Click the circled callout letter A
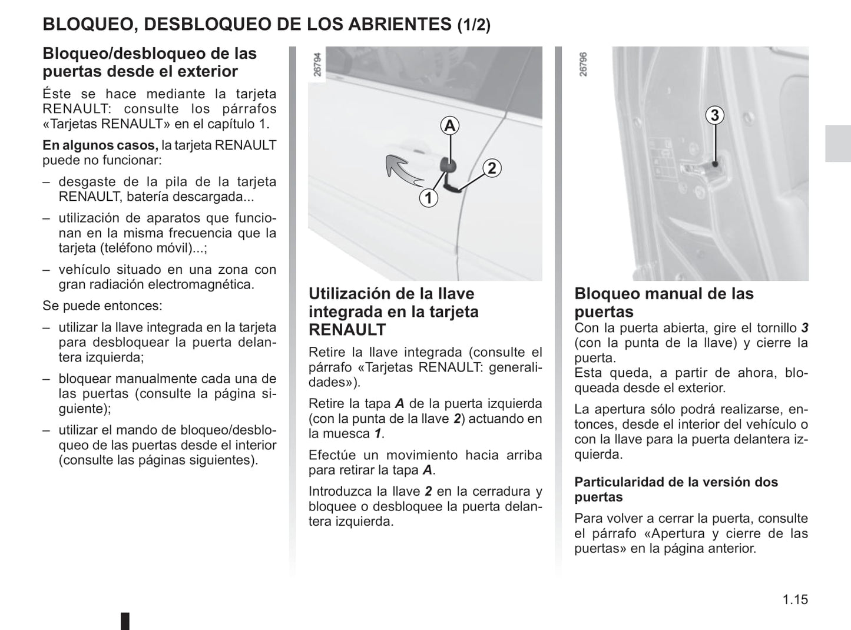point(450,125)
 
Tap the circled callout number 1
point(428,198)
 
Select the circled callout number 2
point(492,168)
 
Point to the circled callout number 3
point(714,115)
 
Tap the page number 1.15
point(795,599)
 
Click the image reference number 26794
point(317,65)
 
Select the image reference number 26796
point(583,65)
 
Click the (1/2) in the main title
point(473,25)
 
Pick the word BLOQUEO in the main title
point(88,24)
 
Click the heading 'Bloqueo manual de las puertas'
point(664,302)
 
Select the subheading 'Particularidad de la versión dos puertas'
point(675,489)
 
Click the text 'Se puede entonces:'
point(102,306)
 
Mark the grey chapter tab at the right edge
point(837,144)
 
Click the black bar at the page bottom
point(125,621)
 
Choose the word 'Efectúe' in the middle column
point(332,455)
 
